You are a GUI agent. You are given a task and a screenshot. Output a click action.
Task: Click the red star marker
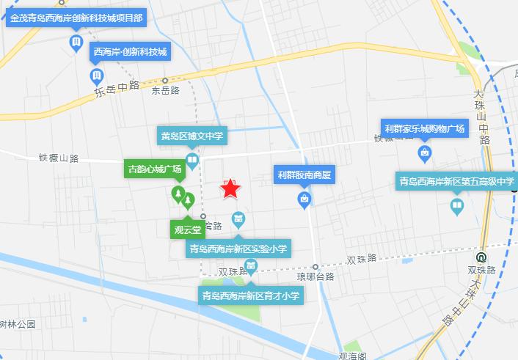point(230,189)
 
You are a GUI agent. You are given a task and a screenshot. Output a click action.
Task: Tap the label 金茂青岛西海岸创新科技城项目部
point(76,18)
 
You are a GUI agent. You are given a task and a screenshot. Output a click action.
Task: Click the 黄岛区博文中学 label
point(191,136)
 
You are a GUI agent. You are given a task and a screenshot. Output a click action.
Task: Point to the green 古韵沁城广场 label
point(155,169)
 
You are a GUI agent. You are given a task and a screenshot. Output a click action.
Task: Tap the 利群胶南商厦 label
point(304,175)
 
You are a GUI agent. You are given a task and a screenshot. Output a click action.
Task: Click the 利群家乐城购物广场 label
point(425,128)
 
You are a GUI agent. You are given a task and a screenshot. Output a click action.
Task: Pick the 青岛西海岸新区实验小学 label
point(238,249)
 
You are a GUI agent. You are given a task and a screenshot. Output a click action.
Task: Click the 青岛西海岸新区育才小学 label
point(251,295)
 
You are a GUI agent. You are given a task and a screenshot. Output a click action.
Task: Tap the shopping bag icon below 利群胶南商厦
point(304,199)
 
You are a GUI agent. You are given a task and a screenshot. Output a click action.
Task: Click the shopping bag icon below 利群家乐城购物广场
point(424,153)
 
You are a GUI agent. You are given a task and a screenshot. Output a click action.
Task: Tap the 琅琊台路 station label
point(315,277)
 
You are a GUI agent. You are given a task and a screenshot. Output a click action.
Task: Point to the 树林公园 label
point(18,323)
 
